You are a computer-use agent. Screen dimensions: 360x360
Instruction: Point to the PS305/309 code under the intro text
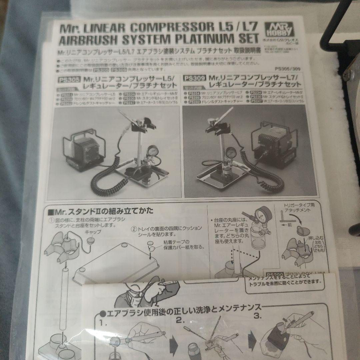[288, 69]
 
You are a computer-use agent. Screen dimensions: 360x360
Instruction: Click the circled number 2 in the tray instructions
[133, 229]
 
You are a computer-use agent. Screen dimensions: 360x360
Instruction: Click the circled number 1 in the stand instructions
[52, 220]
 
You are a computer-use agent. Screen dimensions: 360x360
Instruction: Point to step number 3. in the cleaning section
[258, 315]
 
